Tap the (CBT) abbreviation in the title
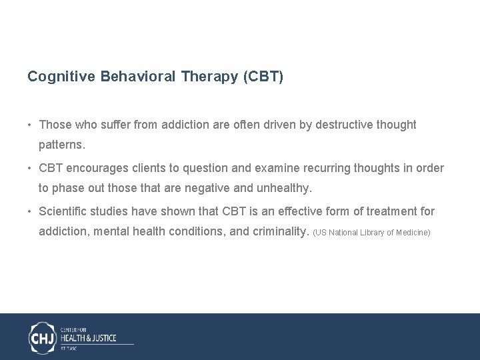pyautogui.click(x=264, y=77)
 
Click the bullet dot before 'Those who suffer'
pyautogui.click(x=31, y=125)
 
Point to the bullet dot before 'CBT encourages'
pyautogui.click(x=31, y=168)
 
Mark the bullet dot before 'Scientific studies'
pyautogui.click(x=31, y=211)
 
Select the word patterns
pyautogui.click(x=62, y=144)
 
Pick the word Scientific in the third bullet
pyautogui.click(x=64, y=211)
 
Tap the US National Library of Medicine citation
pyautogui.click(x=371, y=233)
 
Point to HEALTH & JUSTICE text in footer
pyautogui.click(x=88, y=338)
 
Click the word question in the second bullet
pyautogui.click(x=199, y=168)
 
